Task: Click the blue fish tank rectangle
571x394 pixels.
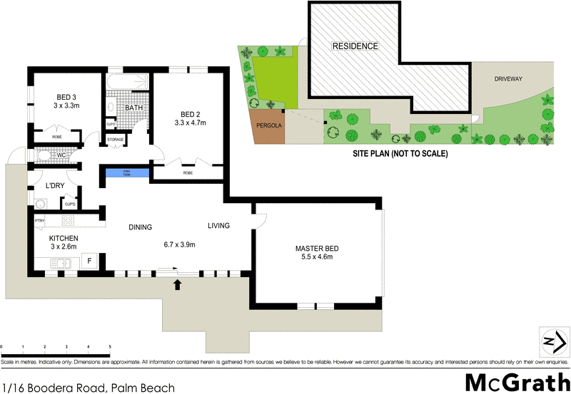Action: coord(128,172)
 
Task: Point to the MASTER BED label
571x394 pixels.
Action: coord(317,249)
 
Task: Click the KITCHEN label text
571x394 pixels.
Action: coord(64,238)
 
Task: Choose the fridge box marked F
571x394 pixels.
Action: coord(89,261)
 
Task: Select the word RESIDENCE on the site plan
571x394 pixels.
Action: coord(355,46)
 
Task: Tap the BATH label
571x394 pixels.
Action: coord(133,108)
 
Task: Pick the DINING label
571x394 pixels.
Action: coord(141,227)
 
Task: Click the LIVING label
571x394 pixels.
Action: coord(218,226)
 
